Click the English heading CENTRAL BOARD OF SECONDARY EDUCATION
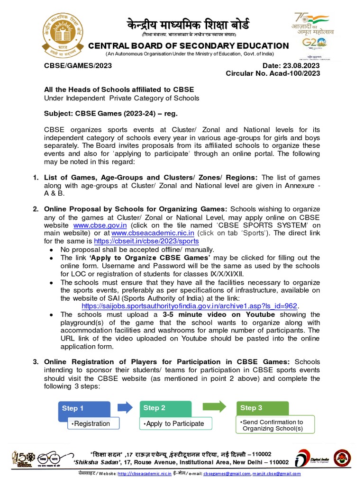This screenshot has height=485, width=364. point(188,45)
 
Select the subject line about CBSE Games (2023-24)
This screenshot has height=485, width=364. point(111,114)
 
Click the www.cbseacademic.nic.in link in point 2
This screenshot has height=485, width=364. point(153,233)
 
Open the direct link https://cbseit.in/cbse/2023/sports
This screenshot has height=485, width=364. point(146,241)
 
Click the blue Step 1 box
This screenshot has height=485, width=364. point(84,408)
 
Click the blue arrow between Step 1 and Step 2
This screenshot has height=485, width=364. point(125,407)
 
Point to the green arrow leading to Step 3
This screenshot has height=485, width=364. point(214,407)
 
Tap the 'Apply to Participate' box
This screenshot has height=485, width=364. point(175,423)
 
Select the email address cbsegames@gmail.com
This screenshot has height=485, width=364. point(227,474)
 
